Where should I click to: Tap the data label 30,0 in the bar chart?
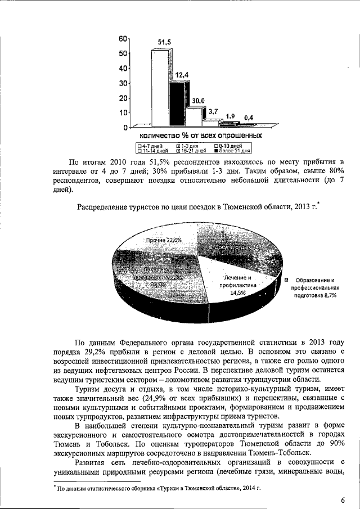point(198,101)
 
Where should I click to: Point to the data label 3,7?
point(213,112)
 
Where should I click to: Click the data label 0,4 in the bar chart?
point(248,118)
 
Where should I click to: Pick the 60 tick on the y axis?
point(123,39)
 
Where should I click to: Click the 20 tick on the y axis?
point(123,98)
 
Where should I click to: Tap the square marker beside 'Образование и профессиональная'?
point(286,280)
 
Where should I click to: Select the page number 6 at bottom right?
point(343,501)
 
